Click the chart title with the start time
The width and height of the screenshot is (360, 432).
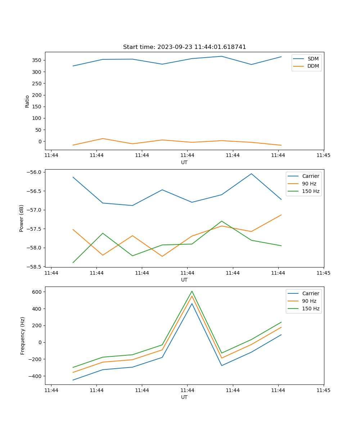pyautogui.click(x=184, y=47)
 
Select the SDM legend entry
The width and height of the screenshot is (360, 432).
pyautogui.click(x=313, y=59)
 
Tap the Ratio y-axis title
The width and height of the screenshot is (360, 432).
pyautogui.click(x=27, y=101)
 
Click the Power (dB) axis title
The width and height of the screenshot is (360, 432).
pyautogui.click(x=22, y=218)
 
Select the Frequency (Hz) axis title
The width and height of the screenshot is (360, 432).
pyautogui.click(x=23, y=336)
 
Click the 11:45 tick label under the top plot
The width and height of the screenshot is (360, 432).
pyautogui.click(x=323, y=156)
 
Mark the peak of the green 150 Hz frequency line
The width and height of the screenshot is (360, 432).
pyautogui.click(x=192, y=291)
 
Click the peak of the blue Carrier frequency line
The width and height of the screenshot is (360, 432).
pyautogui.click(x=192, y=303)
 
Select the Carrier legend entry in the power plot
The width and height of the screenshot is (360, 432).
pyautogui.click(x=310, y=176)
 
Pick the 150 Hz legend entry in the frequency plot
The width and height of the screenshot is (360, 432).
pyautogui.click(x=311, y=309)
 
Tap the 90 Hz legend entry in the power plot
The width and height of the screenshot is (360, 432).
pyautogui.click(x=309, y=184)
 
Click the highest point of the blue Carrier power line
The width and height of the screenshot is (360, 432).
pyautogui.click(x=251, y=174)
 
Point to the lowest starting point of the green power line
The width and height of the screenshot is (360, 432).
pyautogui.click(x=73, y=262)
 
